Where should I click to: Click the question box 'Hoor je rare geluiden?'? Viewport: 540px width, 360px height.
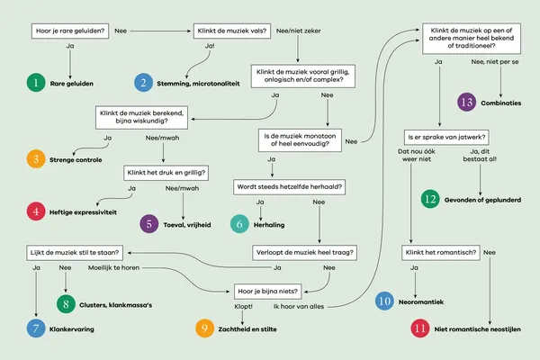[70, 31]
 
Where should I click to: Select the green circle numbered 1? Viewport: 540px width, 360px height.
[36, 83]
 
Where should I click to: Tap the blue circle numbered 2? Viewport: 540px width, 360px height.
[143, 83]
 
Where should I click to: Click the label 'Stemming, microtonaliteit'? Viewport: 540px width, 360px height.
[198, 84]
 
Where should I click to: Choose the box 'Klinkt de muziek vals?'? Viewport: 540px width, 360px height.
[232, 31]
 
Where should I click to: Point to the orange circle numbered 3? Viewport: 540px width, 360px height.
[36, 159]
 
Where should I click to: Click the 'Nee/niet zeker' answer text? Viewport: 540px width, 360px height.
[298, 31]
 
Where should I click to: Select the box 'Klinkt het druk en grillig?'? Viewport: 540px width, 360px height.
[166, 173]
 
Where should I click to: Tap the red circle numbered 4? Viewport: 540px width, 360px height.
[36, 211]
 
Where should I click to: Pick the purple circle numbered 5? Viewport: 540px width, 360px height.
[149, 224]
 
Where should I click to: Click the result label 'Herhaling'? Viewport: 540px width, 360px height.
[269, 225]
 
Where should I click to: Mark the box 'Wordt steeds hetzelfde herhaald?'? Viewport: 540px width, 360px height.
[289, 187]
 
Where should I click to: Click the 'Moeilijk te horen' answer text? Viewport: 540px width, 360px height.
[113, 267]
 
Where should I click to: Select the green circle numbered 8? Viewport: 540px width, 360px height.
[66, 304]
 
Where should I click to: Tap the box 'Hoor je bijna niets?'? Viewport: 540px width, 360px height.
[267, 292]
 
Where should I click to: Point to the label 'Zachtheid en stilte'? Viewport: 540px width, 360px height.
[247, 329]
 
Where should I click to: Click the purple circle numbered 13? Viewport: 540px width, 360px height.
[466, 102]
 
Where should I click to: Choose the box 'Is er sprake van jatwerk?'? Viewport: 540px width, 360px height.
[446, 138]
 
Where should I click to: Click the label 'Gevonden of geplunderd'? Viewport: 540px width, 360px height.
[482, 200]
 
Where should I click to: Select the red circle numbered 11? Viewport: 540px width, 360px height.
[420, 328]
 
